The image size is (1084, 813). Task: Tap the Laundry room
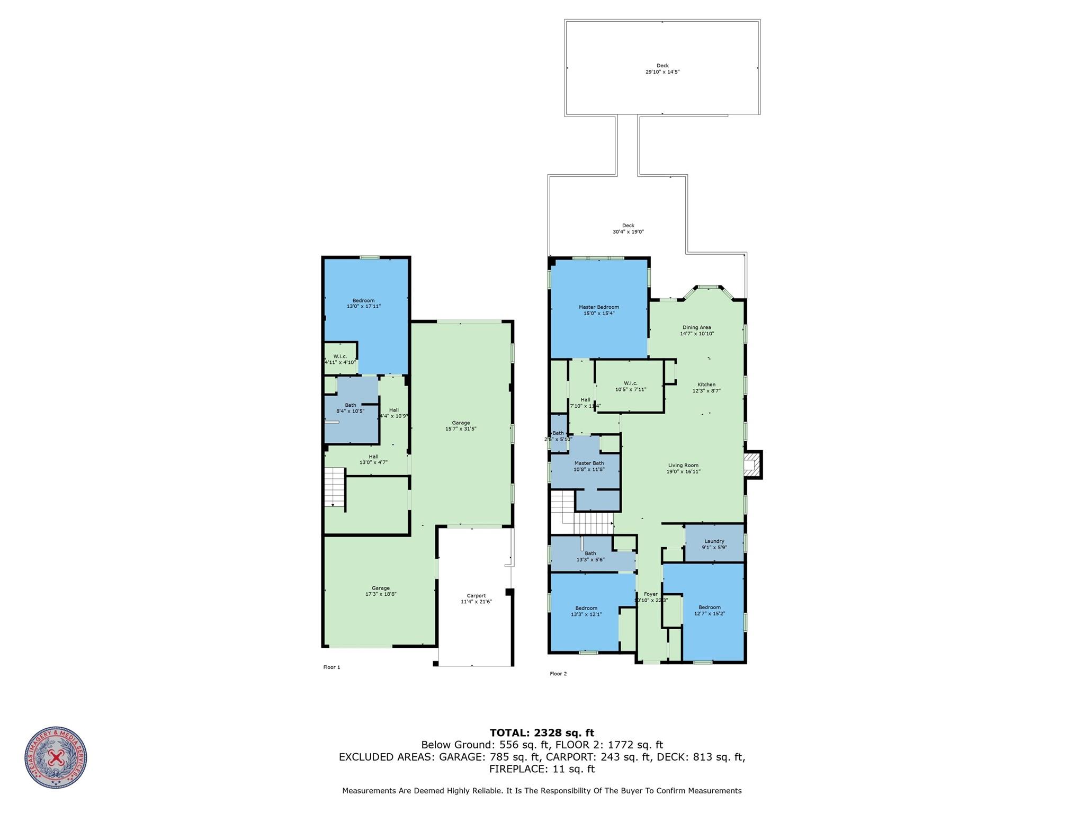(714, 544)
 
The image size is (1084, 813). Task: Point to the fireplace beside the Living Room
(751, 465)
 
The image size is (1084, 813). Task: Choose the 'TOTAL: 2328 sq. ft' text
(542, 733)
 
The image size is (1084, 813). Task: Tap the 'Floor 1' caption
(332, 667)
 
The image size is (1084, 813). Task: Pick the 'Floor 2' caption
(558, 674)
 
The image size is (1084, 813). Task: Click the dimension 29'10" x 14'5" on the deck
(662, 72)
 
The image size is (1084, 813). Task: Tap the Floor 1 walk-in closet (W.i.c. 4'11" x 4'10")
(340, 359)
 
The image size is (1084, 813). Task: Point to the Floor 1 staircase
(334, 487)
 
